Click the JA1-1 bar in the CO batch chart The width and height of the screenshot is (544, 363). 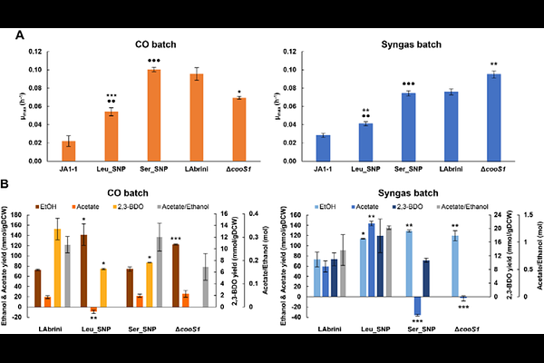(x=69, y=149)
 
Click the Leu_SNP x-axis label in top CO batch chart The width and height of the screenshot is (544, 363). (x=112, y=170)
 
